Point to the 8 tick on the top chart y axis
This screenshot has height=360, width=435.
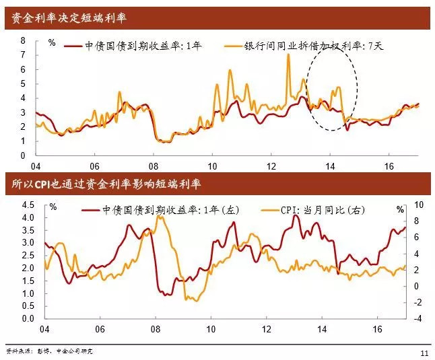click(x=22, y=40)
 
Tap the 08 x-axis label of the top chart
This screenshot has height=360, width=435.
click(x=154, y=166)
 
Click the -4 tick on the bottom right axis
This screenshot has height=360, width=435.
click(x=417, y=318)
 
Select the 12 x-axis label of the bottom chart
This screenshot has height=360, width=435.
click(x=267, y=329)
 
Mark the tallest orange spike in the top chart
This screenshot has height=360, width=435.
click(x=288, y=55)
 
